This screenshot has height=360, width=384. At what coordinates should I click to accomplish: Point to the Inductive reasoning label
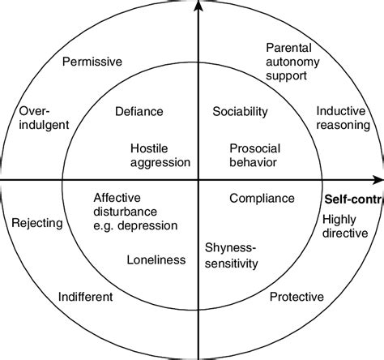pyautogui.click(x=343, y=118)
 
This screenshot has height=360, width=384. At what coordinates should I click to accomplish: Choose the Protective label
pyautogui.click(x=296, y=297)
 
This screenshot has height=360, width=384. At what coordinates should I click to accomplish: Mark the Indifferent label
pyautogui.click(x=86, y=297)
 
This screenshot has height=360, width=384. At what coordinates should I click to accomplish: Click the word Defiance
pyautogui.click(x=139, y=112)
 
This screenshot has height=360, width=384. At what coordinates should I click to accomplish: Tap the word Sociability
pyautogui.click(x=241, y=112)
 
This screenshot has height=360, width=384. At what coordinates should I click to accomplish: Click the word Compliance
pyautogui.click(x=262, y=197)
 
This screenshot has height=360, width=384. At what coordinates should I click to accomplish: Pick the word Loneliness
pyautogui.click(x=156, y=259)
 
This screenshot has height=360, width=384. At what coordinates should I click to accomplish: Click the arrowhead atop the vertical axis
pyautogui.click(x=196, y=8)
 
